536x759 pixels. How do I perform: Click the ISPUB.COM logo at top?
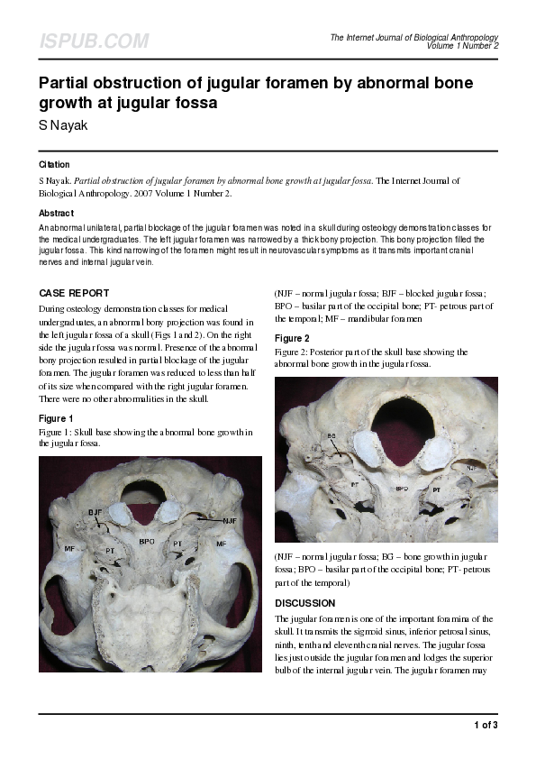(x=94, y=41)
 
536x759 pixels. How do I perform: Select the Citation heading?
(x=54, y=165)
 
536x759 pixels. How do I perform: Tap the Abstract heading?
(x=56, y=213)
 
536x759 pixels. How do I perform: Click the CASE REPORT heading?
(x=74, y=293)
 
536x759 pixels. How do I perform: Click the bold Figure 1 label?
(x=57, y=418)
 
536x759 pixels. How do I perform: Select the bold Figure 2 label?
(x=293, y=338)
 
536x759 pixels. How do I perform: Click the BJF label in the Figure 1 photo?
(x=95, y=512)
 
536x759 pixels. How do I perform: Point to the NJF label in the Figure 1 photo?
(x=230, y=520)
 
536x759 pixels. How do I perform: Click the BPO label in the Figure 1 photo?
(x=147, y=542)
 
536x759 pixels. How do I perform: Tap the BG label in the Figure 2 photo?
(x=332, y=435)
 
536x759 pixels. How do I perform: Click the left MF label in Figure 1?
(x=68, y=548)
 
